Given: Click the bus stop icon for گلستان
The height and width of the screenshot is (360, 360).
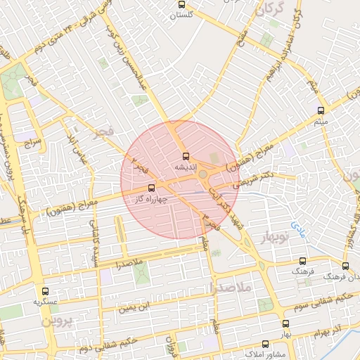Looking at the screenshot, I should (x=182, y=5).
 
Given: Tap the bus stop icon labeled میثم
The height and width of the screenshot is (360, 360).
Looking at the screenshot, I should (x=321, y=110).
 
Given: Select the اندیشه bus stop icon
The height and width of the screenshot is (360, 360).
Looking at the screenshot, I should (x=186, y=156).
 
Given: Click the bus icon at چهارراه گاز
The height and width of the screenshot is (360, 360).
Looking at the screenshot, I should (x=152, y=188).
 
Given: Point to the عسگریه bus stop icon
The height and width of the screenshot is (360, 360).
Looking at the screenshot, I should (x=46, y=291).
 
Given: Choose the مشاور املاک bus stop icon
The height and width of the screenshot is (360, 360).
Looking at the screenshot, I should (x=265, y=345).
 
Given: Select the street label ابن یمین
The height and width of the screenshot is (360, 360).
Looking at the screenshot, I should (x=134, y=307).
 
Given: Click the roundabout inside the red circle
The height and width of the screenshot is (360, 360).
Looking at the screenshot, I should (x=203, y=173).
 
